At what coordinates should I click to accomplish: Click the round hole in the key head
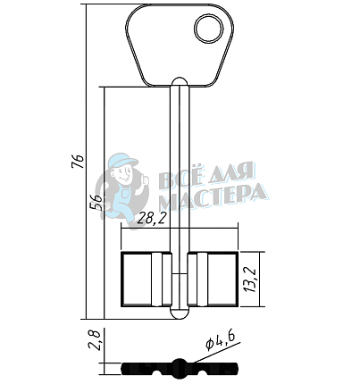(209, 29)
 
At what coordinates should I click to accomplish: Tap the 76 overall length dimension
(79, 162)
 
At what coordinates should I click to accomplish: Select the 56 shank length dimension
(96, 203)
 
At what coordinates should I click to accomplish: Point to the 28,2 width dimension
(150, 220)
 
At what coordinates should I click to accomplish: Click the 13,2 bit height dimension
(250, 280)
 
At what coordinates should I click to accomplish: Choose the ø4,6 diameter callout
(221, 340)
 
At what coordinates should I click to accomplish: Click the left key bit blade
(147, 280)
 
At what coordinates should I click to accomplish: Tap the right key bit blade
(213, 280)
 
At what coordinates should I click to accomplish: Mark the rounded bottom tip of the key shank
(180, 314)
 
